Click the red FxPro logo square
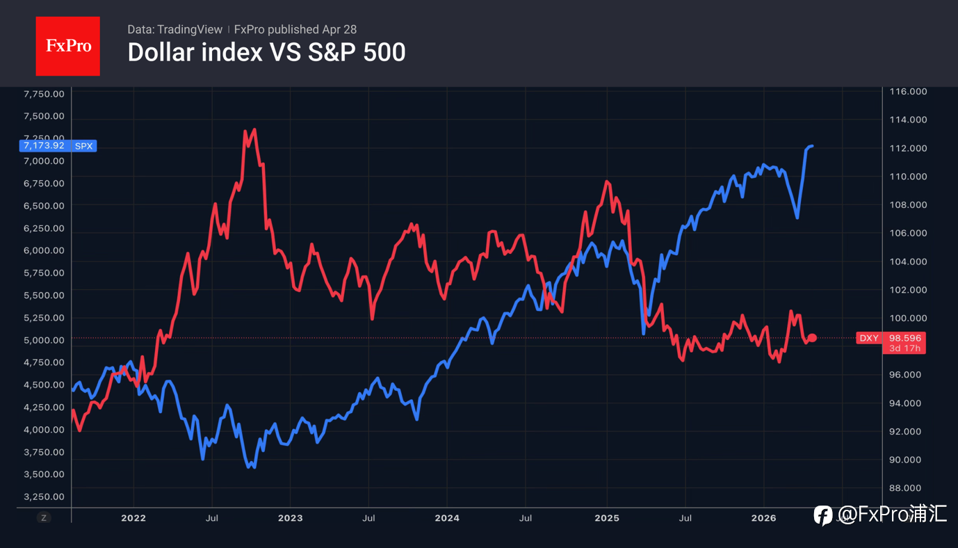(x=67, y=46)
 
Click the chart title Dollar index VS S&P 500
(x=266, y=52)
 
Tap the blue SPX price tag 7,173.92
(x=58, y=146)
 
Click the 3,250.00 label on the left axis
(x=44, y=497)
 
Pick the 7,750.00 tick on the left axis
(x=44, y=95)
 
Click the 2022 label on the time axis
(x=133, y=518)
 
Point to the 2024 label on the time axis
(x=447, y=518)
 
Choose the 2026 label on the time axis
(x=764, y=518)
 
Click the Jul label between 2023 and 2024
(x=369, y=518)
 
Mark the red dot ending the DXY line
(x=812, y=338)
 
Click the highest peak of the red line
(x=254, y=130)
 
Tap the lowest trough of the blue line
(x=253, y=467)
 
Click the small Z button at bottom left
(x=44, y=517)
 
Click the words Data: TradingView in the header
(x=174, y=30)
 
